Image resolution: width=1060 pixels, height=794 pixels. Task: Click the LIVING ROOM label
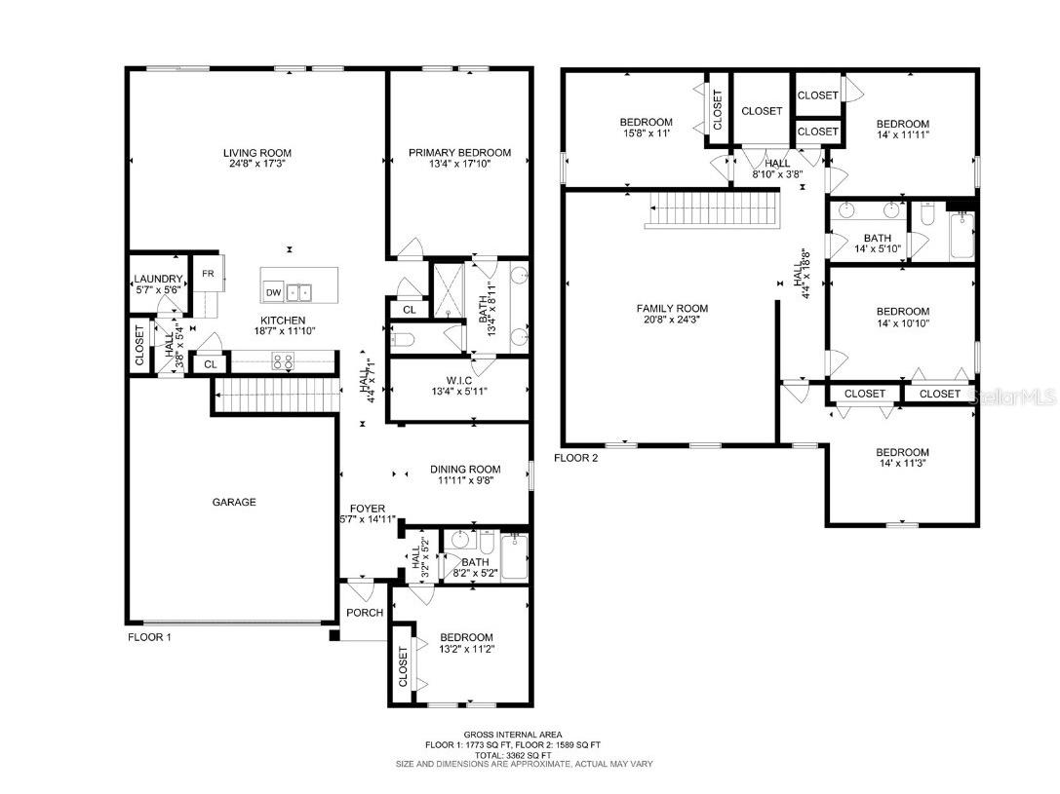point(256,153)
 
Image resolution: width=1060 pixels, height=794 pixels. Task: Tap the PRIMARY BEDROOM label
point(459,153)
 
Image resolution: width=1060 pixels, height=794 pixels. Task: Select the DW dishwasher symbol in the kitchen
point(273,292)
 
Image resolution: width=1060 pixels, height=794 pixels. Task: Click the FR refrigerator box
point(208,274)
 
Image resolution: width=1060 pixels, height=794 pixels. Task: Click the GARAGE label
point(234,503)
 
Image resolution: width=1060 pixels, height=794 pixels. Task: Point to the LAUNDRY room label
point(158,280)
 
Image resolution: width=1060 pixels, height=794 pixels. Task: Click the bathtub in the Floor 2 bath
point(962,236)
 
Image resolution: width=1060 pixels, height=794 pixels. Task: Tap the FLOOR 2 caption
point(576,457)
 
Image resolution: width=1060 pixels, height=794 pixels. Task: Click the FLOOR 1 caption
point(149,638)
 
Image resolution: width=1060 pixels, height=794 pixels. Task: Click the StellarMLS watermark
point(1015,397)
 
